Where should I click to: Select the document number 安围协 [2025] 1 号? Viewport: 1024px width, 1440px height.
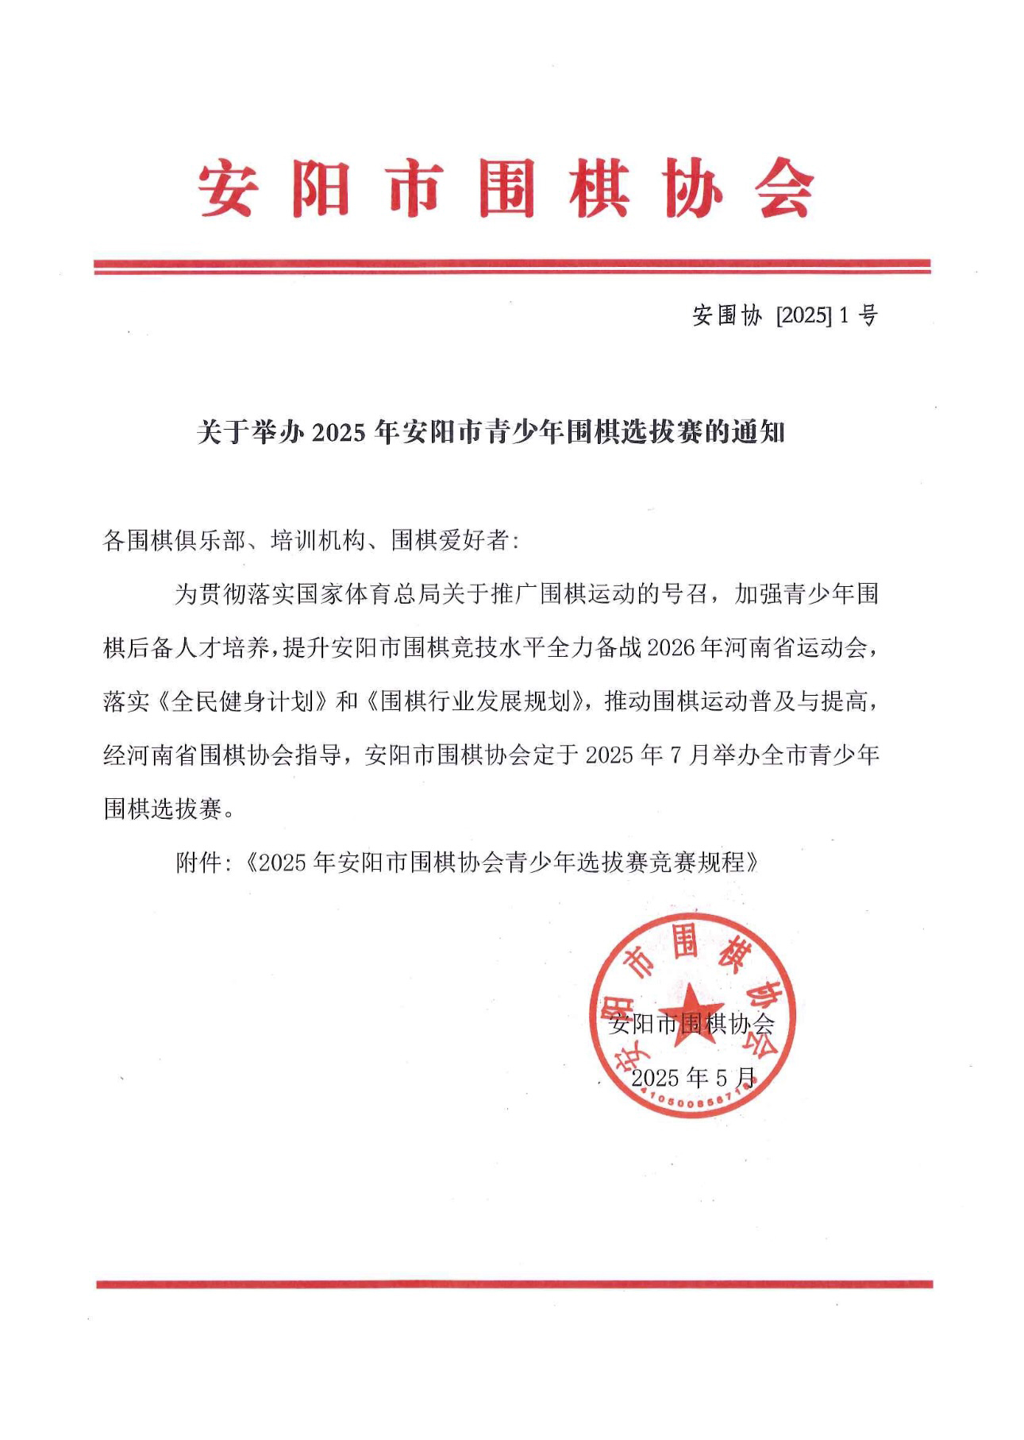[784, 316]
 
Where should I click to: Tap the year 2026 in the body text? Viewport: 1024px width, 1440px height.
[672, 648]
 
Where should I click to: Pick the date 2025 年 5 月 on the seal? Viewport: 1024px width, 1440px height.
[693, 1078]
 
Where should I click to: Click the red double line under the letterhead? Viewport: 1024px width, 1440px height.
[512, 267]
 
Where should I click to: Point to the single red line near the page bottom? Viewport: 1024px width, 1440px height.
[514, 1284]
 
